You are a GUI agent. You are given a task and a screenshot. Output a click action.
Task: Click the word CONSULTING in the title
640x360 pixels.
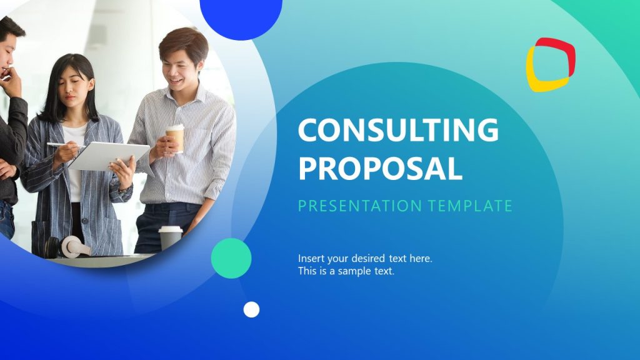click(x=398, y=130)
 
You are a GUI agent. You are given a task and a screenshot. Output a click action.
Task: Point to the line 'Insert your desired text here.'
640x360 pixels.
click(x=365, y=258)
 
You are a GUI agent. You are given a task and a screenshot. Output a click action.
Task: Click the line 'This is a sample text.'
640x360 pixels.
click(x=346, y=271)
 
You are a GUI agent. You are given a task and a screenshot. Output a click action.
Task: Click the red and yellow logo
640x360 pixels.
click(x=550, y=64)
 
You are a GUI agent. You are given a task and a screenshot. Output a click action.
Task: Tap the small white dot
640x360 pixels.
click(x=251, y=309)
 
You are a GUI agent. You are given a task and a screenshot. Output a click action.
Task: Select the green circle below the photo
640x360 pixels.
click(x=231, y=258)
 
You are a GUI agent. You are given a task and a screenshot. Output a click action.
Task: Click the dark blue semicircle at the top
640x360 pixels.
click(x=241, y=16)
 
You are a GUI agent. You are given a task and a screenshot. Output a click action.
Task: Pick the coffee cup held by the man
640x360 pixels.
click(x=176, y=137)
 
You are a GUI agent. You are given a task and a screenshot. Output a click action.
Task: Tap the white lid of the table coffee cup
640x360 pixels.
click(x=170, y=229)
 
